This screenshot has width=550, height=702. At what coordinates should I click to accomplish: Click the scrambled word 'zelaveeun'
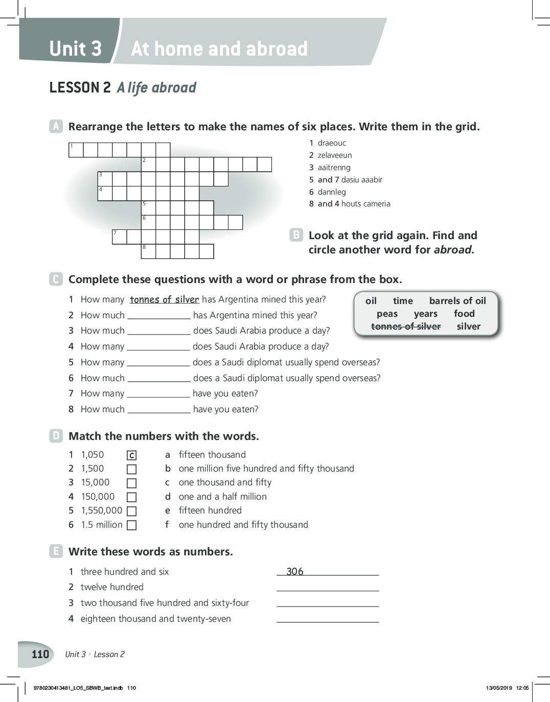pos(335,155)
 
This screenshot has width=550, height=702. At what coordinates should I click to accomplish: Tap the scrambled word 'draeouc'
pos(332,143)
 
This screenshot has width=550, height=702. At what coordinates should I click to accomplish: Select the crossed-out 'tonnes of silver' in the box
pos(406,326)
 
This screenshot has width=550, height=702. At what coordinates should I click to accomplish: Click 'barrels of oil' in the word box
pos(457,301)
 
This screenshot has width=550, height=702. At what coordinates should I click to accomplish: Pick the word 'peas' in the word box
pos(387,314)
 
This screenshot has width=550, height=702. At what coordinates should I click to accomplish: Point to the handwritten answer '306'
pos(295,571)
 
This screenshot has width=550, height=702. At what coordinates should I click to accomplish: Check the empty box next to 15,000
pos(132,483)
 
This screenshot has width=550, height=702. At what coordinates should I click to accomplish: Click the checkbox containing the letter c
pos(132,455)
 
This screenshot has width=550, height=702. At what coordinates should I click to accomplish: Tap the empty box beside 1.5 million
pos(132,525)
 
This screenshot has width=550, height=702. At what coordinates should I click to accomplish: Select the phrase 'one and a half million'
pos(222,497)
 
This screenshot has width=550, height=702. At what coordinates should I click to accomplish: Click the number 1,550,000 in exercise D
pos(102,510)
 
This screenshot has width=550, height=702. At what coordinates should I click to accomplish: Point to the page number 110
pos(40,654)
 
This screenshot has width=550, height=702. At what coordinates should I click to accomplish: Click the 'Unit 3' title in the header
pos(76,49)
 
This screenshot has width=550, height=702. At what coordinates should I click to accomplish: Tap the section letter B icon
pos(296,235)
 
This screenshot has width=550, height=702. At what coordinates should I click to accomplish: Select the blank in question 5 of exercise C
pos(158,363)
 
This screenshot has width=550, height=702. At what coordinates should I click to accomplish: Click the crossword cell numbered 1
pos(76,150)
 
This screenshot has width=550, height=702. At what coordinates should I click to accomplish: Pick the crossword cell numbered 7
pos(119,237)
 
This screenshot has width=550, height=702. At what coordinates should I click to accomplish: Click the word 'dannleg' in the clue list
pos(332,192)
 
